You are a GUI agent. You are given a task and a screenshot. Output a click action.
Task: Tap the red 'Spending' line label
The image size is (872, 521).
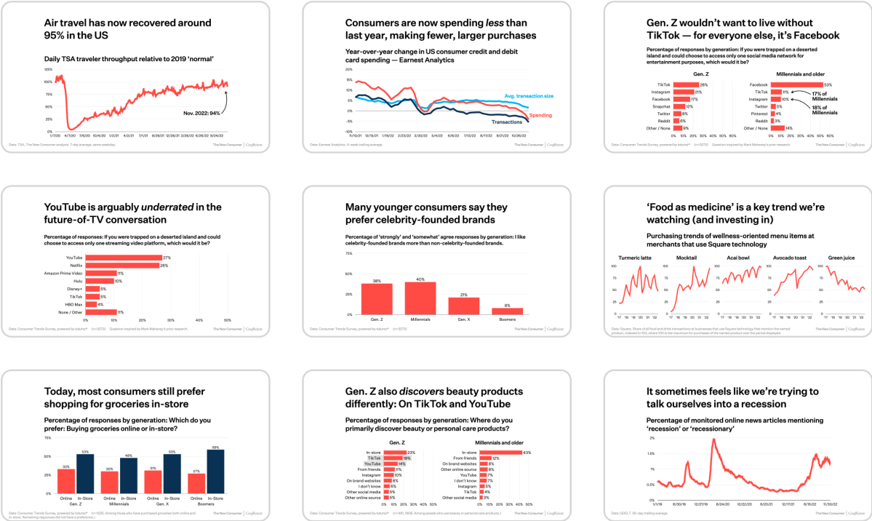tap(540, 115)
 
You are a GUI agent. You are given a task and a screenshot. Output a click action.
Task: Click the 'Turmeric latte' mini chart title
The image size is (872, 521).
tap(633, 258)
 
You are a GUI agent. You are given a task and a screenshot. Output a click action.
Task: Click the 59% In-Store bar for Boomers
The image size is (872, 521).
tap(215, 472)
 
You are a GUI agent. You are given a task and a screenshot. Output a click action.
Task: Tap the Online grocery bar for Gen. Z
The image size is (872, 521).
tap(66, 481)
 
